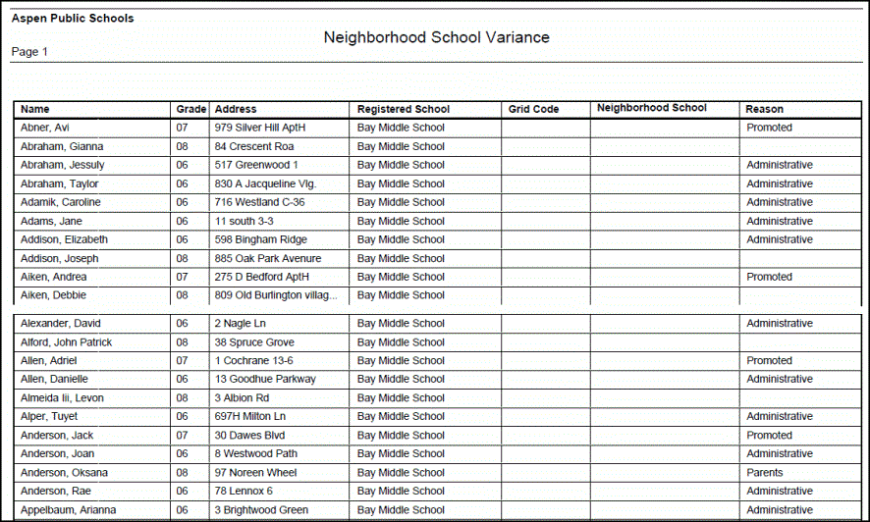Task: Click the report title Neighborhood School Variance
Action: pyautogui.click(x=436, y=37)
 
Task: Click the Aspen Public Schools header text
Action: pyautogui.click(x=73, y=19)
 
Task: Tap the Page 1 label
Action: pyautogui.click(x=29, y=52)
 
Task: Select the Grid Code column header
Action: pyautogui.click(x=533, y=109)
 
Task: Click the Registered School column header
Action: pyautogui.click(x=403, y=109)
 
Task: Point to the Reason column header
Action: pyautogui.click(x=764, y=109)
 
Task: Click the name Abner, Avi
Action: pyautogui.click(x=45, y=128)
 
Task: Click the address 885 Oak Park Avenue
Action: pyautogui.click(x=268, y=258)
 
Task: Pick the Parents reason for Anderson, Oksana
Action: pyautogui.click(x=765, y=472)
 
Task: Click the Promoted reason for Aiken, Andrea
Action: pyautogui.click(x=769, y=277)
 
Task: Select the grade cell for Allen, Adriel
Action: pyautogui.click(x=182, y=361)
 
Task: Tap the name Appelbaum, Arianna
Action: pyautogui.click(x=68, y=510)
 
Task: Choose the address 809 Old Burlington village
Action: pyautogui.click(x=276, y=295)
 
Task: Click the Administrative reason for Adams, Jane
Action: pyautogui.click(x=780, y=221)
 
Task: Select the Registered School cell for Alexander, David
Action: pyautogui.click(x=401, y=323)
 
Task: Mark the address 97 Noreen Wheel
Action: pyautogui.click(x=255, y=472)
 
